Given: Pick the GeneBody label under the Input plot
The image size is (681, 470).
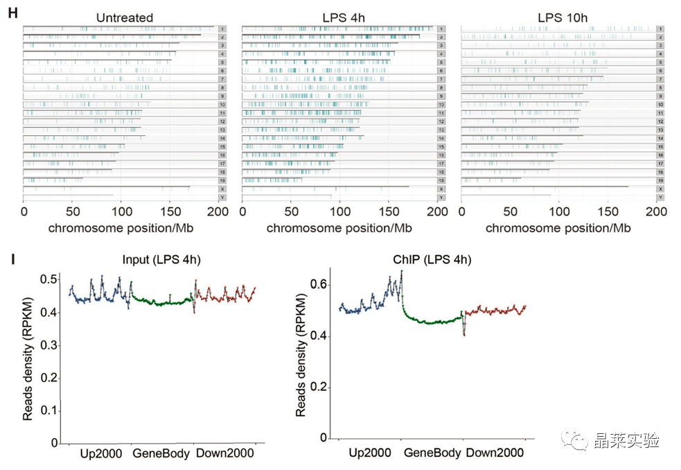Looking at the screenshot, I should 159,453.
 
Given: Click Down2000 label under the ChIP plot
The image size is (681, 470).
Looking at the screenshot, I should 495,453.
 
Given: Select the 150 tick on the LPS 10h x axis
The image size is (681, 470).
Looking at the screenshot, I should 608,211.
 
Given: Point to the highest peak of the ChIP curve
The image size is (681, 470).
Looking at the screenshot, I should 401,271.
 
